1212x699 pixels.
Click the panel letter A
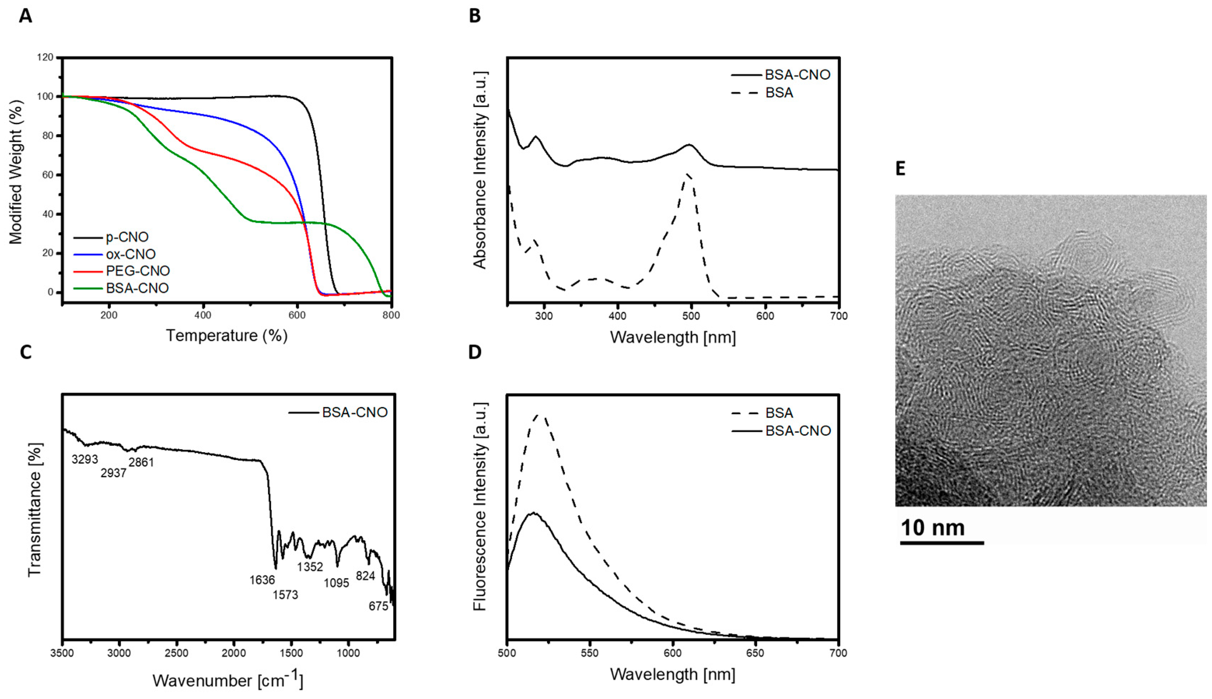point(25,16)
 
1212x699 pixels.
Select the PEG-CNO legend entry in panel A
point(138,271)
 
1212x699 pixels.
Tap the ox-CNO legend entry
point(130,254)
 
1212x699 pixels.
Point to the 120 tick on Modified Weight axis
point(45,58)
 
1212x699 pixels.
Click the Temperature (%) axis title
point(226,335)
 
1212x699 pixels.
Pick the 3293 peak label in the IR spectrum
point(85,459)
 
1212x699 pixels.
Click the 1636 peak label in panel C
point(262,580)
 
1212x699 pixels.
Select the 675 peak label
point(378,606)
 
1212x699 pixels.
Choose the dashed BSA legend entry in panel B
point(779,92)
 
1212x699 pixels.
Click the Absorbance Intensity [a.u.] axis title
point(480,170)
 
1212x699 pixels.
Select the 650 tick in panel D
point(755,653)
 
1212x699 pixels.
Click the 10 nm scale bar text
point(932,528)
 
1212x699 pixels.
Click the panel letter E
point(900,169)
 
